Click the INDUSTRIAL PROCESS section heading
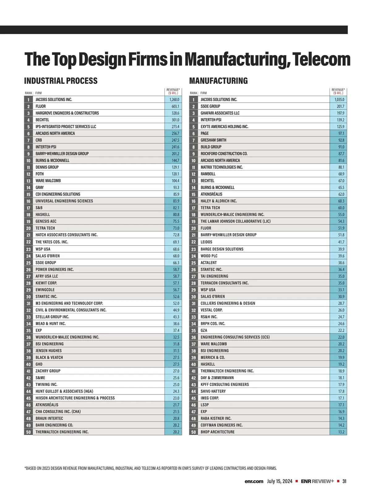[61, 81]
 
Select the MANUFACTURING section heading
[219, 81]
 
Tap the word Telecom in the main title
[321, 59]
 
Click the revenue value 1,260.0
[174, 100]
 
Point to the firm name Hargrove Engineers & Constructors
[67, 113]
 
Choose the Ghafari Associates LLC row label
[220, 113]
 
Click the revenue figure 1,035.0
[339, 100]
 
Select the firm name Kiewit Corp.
[46, 283]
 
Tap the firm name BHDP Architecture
[217, 432]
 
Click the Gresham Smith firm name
[213, 140]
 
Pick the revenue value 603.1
[175, 106]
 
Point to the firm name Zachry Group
[48, 371]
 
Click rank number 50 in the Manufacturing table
[194, 432]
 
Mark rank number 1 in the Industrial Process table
[28, 100]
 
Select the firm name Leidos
[206, 242]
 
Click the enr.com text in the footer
[254, 481]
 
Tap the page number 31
[344, 481]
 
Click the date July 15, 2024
[279, 481]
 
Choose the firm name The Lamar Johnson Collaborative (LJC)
[235, 221]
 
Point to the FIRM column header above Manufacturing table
[203, 93]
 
